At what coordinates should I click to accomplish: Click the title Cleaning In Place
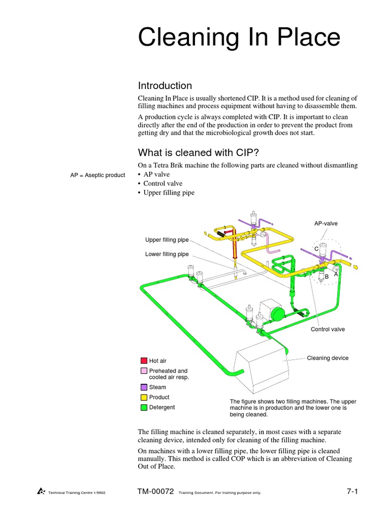pos(239,39)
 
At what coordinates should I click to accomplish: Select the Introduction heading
pos(165,85)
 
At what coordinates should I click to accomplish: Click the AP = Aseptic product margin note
pos(98,175)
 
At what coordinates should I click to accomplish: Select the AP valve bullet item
pos(156,175)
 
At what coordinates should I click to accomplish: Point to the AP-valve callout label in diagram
pos(326,223)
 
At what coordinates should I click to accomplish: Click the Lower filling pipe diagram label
pos(167,254)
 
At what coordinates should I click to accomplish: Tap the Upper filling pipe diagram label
pos(167,240)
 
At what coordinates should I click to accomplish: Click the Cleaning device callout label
pos(327,358)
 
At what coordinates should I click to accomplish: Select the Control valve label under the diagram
pos(328,329)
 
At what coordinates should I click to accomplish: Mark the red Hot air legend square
pos(144,361)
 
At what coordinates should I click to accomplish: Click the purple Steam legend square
pos(144,387)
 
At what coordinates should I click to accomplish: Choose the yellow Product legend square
pos(144,397)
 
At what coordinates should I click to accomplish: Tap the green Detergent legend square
pos(144,407)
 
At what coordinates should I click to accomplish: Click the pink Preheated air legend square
pos(144,371)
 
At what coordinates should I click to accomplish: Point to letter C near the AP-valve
pos(316,249)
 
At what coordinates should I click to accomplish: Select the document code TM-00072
pos(154,491)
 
